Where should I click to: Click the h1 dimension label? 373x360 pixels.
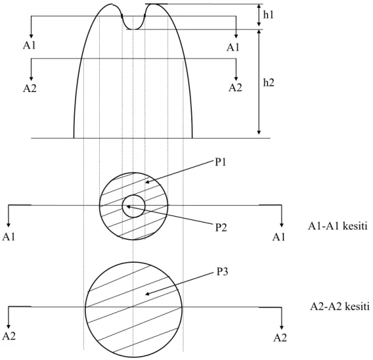[268, 15]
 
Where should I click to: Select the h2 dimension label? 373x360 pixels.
[269, 82]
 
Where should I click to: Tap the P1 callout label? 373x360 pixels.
[221, 162]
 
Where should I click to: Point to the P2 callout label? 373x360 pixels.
[221, 228]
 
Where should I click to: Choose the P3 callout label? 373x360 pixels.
[222, 271]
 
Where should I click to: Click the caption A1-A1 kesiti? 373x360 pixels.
[338, 226]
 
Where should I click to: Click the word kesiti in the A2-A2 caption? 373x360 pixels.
[357, 306]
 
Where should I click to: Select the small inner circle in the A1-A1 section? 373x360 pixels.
[134, 195]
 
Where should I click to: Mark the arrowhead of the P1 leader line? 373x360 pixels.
[147, 182]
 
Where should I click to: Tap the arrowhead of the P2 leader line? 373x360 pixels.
[128, 207]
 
